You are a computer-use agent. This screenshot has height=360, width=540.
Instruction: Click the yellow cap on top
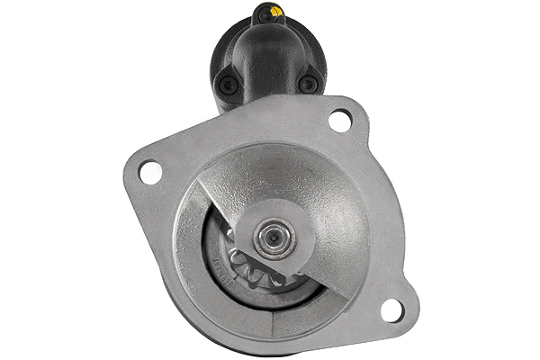(276, 11)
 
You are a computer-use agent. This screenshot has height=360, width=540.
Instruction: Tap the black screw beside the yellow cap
(265, 13)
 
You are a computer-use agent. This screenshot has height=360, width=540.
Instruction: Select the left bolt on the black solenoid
(228, 84)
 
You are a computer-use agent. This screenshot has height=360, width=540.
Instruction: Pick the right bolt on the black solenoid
(309, 84)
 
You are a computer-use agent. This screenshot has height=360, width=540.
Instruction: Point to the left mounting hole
(150, 170)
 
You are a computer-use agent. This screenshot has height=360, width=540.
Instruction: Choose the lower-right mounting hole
(392, 310)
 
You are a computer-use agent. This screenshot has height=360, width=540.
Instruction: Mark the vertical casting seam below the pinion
(270, 324)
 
